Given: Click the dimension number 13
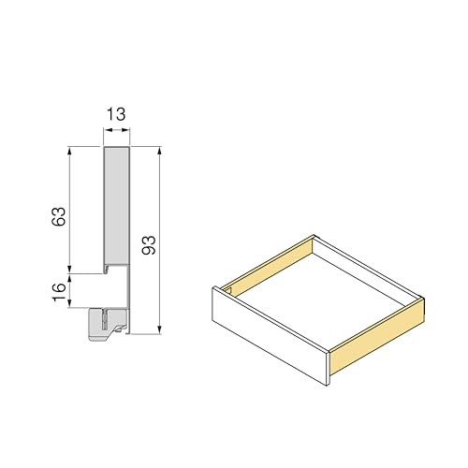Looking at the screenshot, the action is pyautogui.click(x=116, y=114).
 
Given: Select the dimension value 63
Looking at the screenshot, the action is pyautogui.click(x=59, y=216).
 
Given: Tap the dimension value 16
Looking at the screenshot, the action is pyautogui.click(x=59, y=292).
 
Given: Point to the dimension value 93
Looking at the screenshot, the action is pyautogui.click(x=149, y=245).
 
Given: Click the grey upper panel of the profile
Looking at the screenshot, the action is pyautogui.click(x=116, y=206).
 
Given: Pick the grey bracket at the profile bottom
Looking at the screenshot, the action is pyautogui.click(x=108, y=325).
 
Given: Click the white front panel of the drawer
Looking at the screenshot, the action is pyautogui.click(x=271, y=336).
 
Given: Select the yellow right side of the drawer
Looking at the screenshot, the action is pyautogui.click(x=377, y=336).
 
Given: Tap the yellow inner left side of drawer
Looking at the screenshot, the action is pyautogui.click(x=269, y=265).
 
